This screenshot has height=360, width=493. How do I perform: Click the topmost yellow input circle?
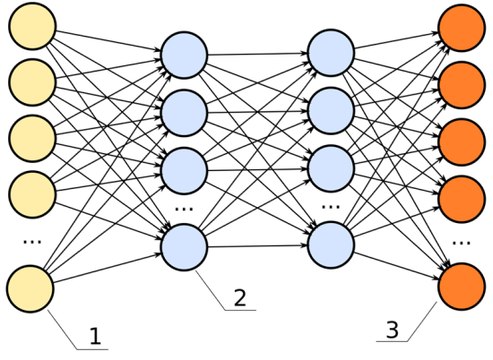pyautogui.click(x=32, y=26)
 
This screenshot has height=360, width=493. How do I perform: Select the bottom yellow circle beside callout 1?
pyautogui.click(x=30, y=289)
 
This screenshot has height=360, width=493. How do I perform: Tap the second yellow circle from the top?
pyautogui.click(x=32, y=82)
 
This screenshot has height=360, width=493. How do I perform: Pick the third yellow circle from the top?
pyautogui.click(x=32, y=139)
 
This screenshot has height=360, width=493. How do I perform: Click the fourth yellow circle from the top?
pyautogui.click(x=32, y=194)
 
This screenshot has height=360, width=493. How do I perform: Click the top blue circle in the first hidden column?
pyautogui.click(x=185, y=55)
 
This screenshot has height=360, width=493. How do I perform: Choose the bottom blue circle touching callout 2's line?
pyautogui.click(x=185, y=247)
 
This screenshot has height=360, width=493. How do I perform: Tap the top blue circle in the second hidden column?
pyautogui.click(x=331, y=53)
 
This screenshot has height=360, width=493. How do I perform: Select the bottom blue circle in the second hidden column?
pyautogui.click(x=331, y=245)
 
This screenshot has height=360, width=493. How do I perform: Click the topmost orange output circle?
pyautogui.click(x=462, y=28)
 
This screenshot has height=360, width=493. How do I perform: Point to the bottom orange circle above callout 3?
pyautogui.click(x=462, y=287)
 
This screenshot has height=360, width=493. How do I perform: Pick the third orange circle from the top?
pyautogui.click(x=462, y=142)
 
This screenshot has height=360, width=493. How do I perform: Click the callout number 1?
pyautogui.click(x=95, y=336)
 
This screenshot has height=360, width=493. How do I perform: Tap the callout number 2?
pyautogui.click(x=240, y=297)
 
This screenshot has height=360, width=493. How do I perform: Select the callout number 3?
pyautogui.click(x=392, y=330)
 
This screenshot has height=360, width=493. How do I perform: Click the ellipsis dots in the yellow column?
pyautogui.click(x=32, y=242)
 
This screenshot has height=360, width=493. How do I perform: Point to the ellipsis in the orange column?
pyautogui.click(x=462, y=243)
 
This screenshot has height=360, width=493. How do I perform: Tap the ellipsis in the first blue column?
pyautogui.click(x=185, y=209)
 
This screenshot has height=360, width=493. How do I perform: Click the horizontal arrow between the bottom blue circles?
pyautogui.click(x=257, y=246)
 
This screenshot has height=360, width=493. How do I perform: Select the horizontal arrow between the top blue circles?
pyautogui.click(x=257, y=54)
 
